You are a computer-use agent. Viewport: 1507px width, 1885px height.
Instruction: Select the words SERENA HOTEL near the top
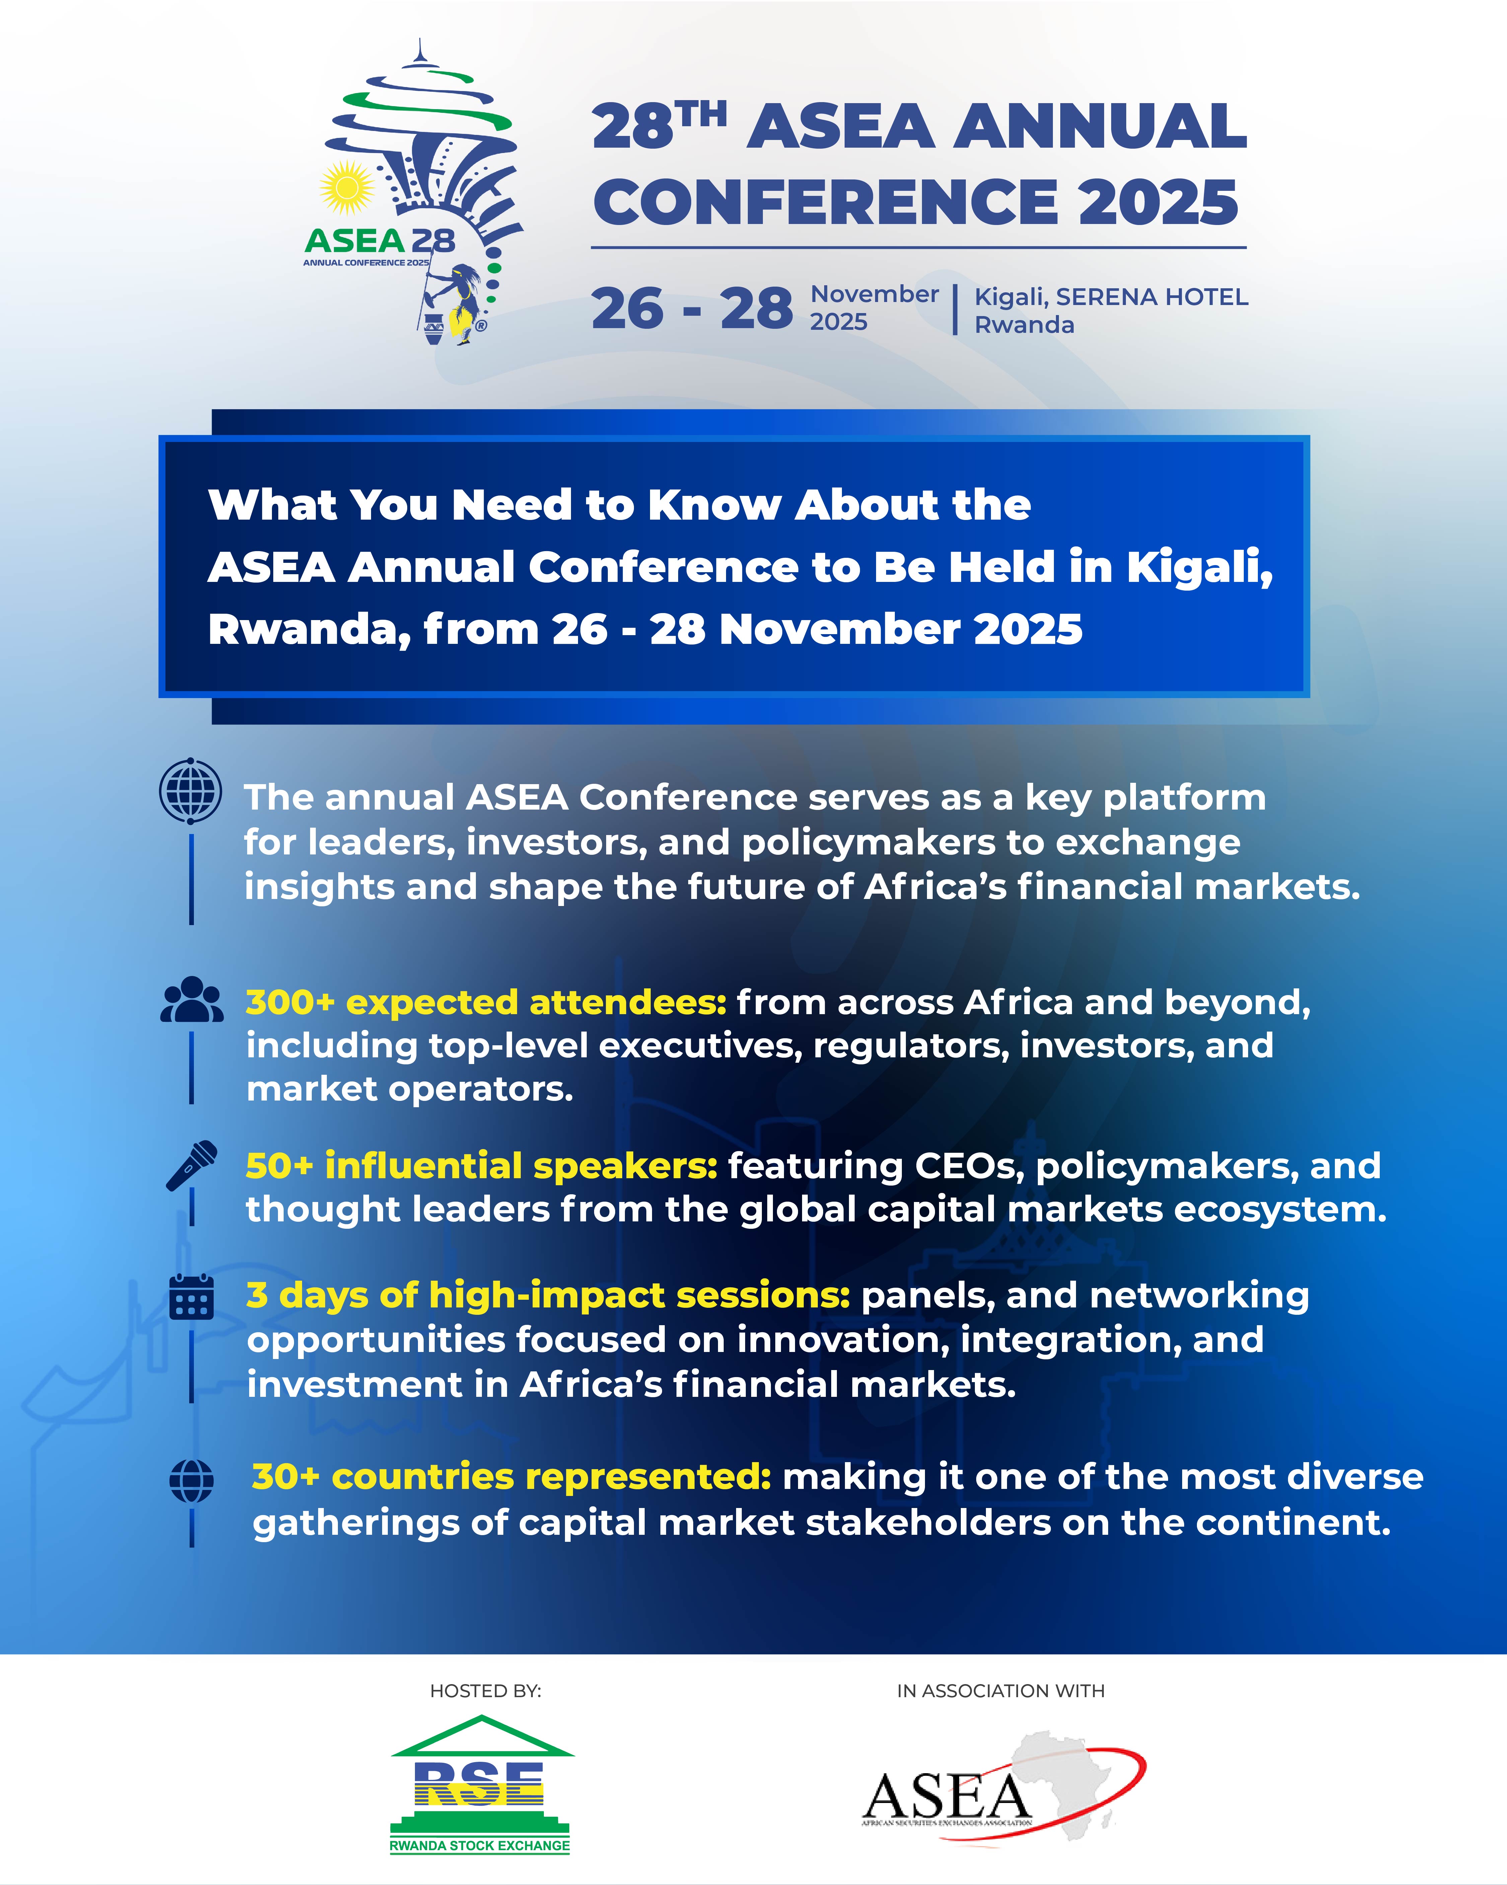1152,297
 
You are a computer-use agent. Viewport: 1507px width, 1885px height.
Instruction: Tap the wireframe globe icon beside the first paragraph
191,790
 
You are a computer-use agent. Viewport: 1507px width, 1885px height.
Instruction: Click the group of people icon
192,999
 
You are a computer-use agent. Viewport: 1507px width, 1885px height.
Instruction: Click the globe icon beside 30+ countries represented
192,1481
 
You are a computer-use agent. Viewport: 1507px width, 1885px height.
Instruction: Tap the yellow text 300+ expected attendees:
486,1003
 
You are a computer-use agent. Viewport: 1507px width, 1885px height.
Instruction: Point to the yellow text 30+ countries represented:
512,1477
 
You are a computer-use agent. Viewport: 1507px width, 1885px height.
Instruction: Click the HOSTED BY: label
486,1691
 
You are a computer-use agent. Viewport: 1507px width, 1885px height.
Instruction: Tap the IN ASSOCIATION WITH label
1001,1691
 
